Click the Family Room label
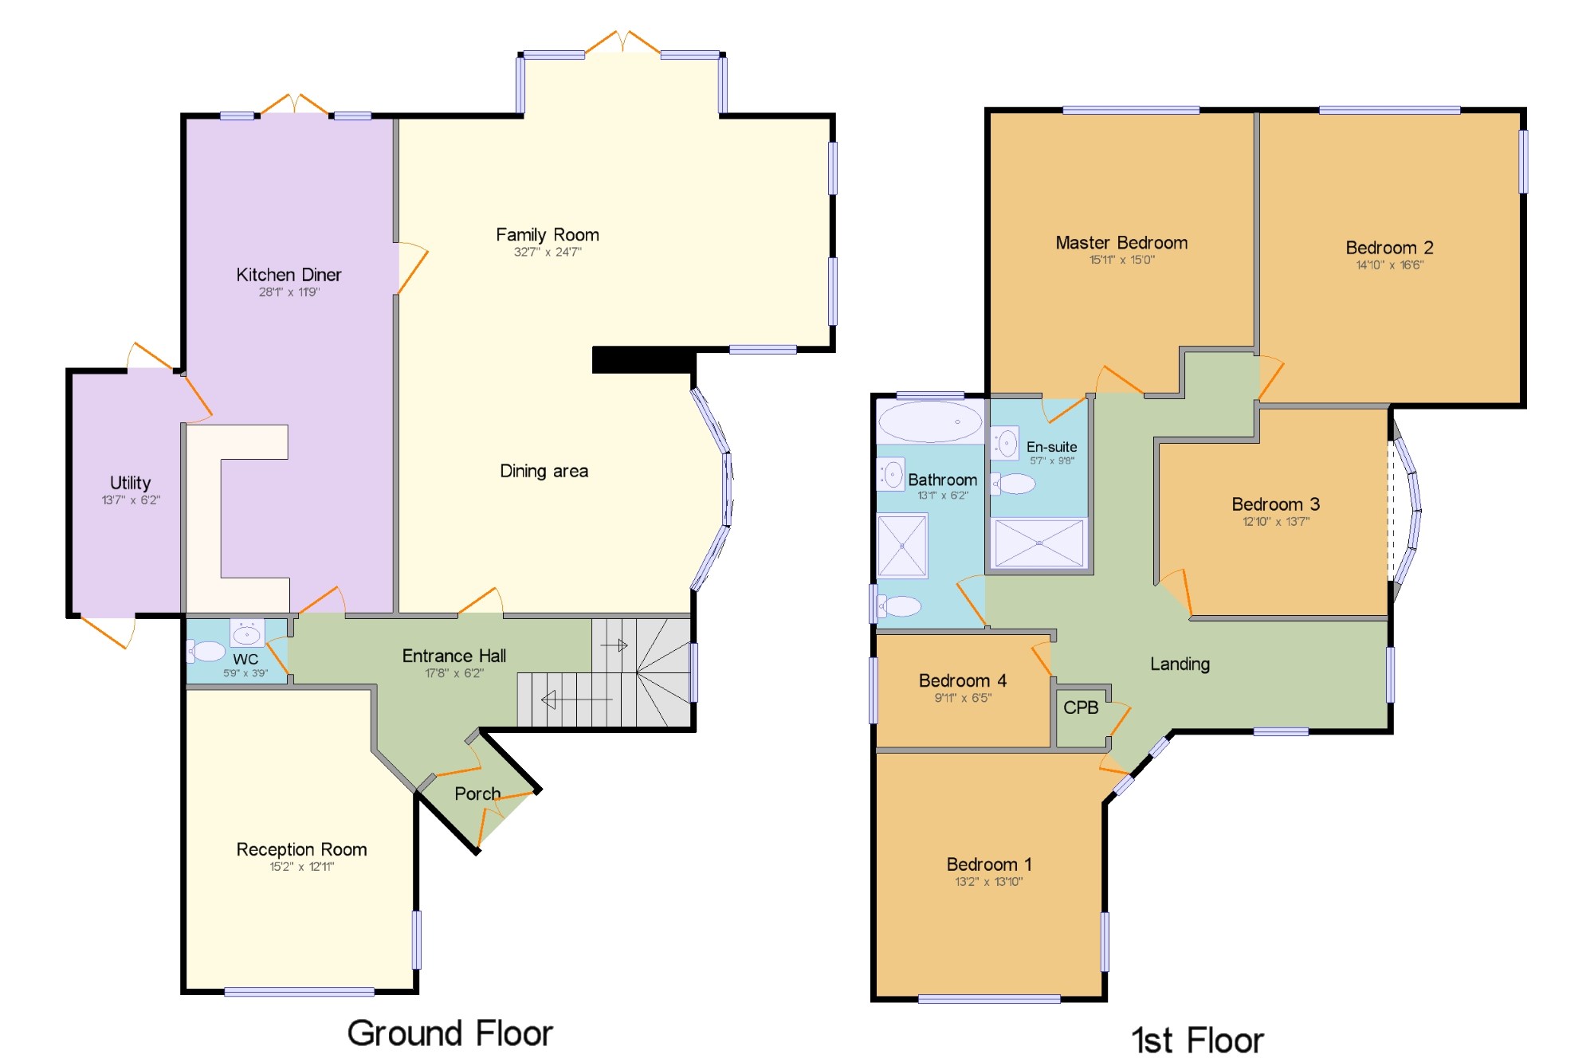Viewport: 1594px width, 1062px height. (547, 235)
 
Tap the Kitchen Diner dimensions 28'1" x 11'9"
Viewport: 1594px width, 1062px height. (289, 292)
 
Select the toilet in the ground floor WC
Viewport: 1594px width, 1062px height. (206, 651)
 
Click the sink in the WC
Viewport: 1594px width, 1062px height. (246, 633)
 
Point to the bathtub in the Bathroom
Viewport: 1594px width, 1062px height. (930, 421)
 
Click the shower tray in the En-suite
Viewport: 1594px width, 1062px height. (1039, 543)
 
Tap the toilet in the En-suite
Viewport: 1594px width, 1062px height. (1013, 484)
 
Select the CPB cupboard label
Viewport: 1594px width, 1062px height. (1081, 707)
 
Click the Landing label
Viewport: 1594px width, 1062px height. (1180, 664)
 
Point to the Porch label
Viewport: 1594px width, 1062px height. (477, 794)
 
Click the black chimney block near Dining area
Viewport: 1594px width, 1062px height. (643, 359)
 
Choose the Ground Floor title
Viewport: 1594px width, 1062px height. (450, 1033)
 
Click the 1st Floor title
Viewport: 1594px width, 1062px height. (1198, 1040)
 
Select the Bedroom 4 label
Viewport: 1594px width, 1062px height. (963, 680)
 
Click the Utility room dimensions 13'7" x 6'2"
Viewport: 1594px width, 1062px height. (131, 500)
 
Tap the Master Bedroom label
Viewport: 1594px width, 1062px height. (1121, 243)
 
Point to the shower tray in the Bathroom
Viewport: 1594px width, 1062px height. (902, 546)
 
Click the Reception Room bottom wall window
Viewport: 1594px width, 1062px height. (300, 992)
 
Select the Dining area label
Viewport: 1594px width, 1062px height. (544, 471)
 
